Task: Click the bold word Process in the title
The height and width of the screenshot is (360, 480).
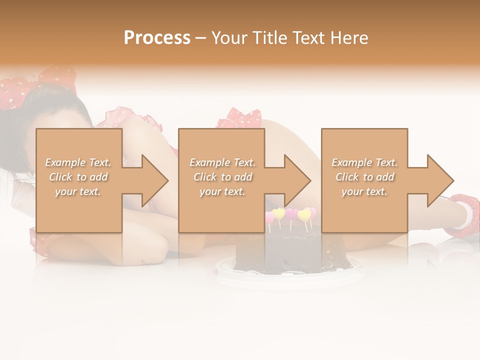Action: point(157,38)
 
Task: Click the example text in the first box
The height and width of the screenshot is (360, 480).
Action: point(78,177)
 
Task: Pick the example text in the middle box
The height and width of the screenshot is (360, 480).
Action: point(222,177)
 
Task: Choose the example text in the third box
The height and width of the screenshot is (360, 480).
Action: point(364,177)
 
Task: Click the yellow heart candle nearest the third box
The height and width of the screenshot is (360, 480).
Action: point(304,215)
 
